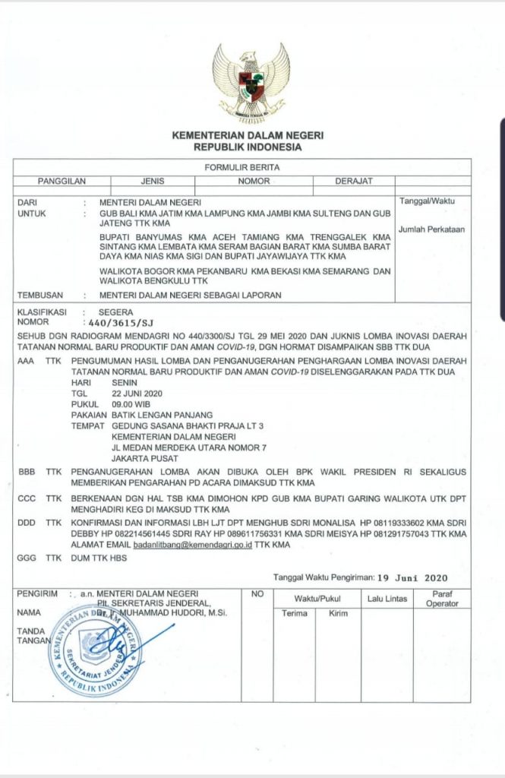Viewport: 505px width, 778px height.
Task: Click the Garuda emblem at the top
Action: (251, 81)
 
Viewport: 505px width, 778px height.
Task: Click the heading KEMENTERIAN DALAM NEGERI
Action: (248, 135)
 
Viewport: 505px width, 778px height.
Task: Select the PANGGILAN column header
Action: (62, 182)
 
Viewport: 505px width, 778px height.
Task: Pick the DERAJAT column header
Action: (353, 182)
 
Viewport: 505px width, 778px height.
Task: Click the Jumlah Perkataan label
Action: (431, 229)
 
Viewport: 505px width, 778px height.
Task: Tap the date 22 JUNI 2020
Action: (137, 394)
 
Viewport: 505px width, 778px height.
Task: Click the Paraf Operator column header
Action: (441, 599)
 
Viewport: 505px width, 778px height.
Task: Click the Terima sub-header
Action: (295, 613)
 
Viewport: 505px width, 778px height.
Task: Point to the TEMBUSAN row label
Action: (38, 295)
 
